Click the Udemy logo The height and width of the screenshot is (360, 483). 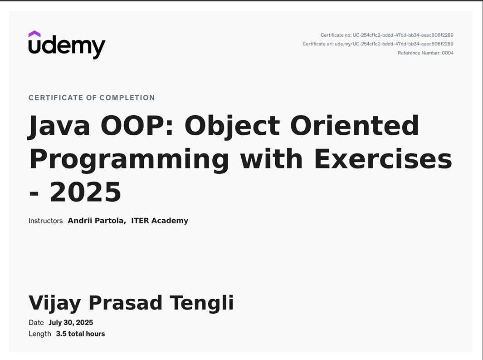(x=67, y=45)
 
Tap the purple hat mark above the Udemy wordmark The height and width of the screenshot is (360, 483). (x=34, y=34)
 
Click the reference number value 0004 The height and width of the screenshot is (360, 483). (x=448, y=53)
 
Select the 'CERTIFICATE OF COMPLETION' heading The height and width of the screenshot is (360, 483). (x=92, y=98)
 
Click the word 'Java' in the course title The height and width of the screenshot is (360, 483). (x=59, y=126)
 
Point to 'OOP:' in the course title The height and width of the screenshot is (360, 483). (x=137, y=125)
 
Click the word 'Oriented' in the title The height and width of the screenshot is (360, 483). (x=355, y=125)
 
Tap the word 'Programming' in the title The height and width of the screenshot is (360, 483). (x=129, y=160)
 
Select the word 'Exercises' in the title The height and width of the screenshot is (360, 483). (x=383, y=158)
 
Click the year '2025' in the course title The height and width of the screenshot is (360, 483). (x=85, y=192)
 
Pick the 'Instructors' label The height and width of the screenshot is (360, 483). (x=46, y=221)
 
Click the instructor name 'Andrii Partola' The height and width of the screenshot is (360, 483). (x=97, y=221)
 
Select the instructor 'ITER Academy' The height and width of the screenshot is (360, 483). (x=160, y=221)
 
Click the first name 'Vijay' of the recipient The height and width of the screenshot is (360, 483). (x=55, y=303)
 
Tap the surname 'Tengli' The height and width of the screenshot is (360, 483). (x=202, y=302)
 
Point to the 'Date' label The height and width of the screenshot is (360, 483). (x=36, y=323)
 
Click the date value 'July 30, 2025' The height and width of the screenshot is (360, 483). (x=71, y=323)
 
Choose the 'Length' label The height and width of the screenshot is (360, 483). (x=40, y=334)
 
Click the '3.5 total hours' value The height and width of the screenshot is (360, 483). (x=80, y=334)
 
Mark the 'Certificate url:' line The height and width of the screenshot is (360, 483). (x=378, y=44)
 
